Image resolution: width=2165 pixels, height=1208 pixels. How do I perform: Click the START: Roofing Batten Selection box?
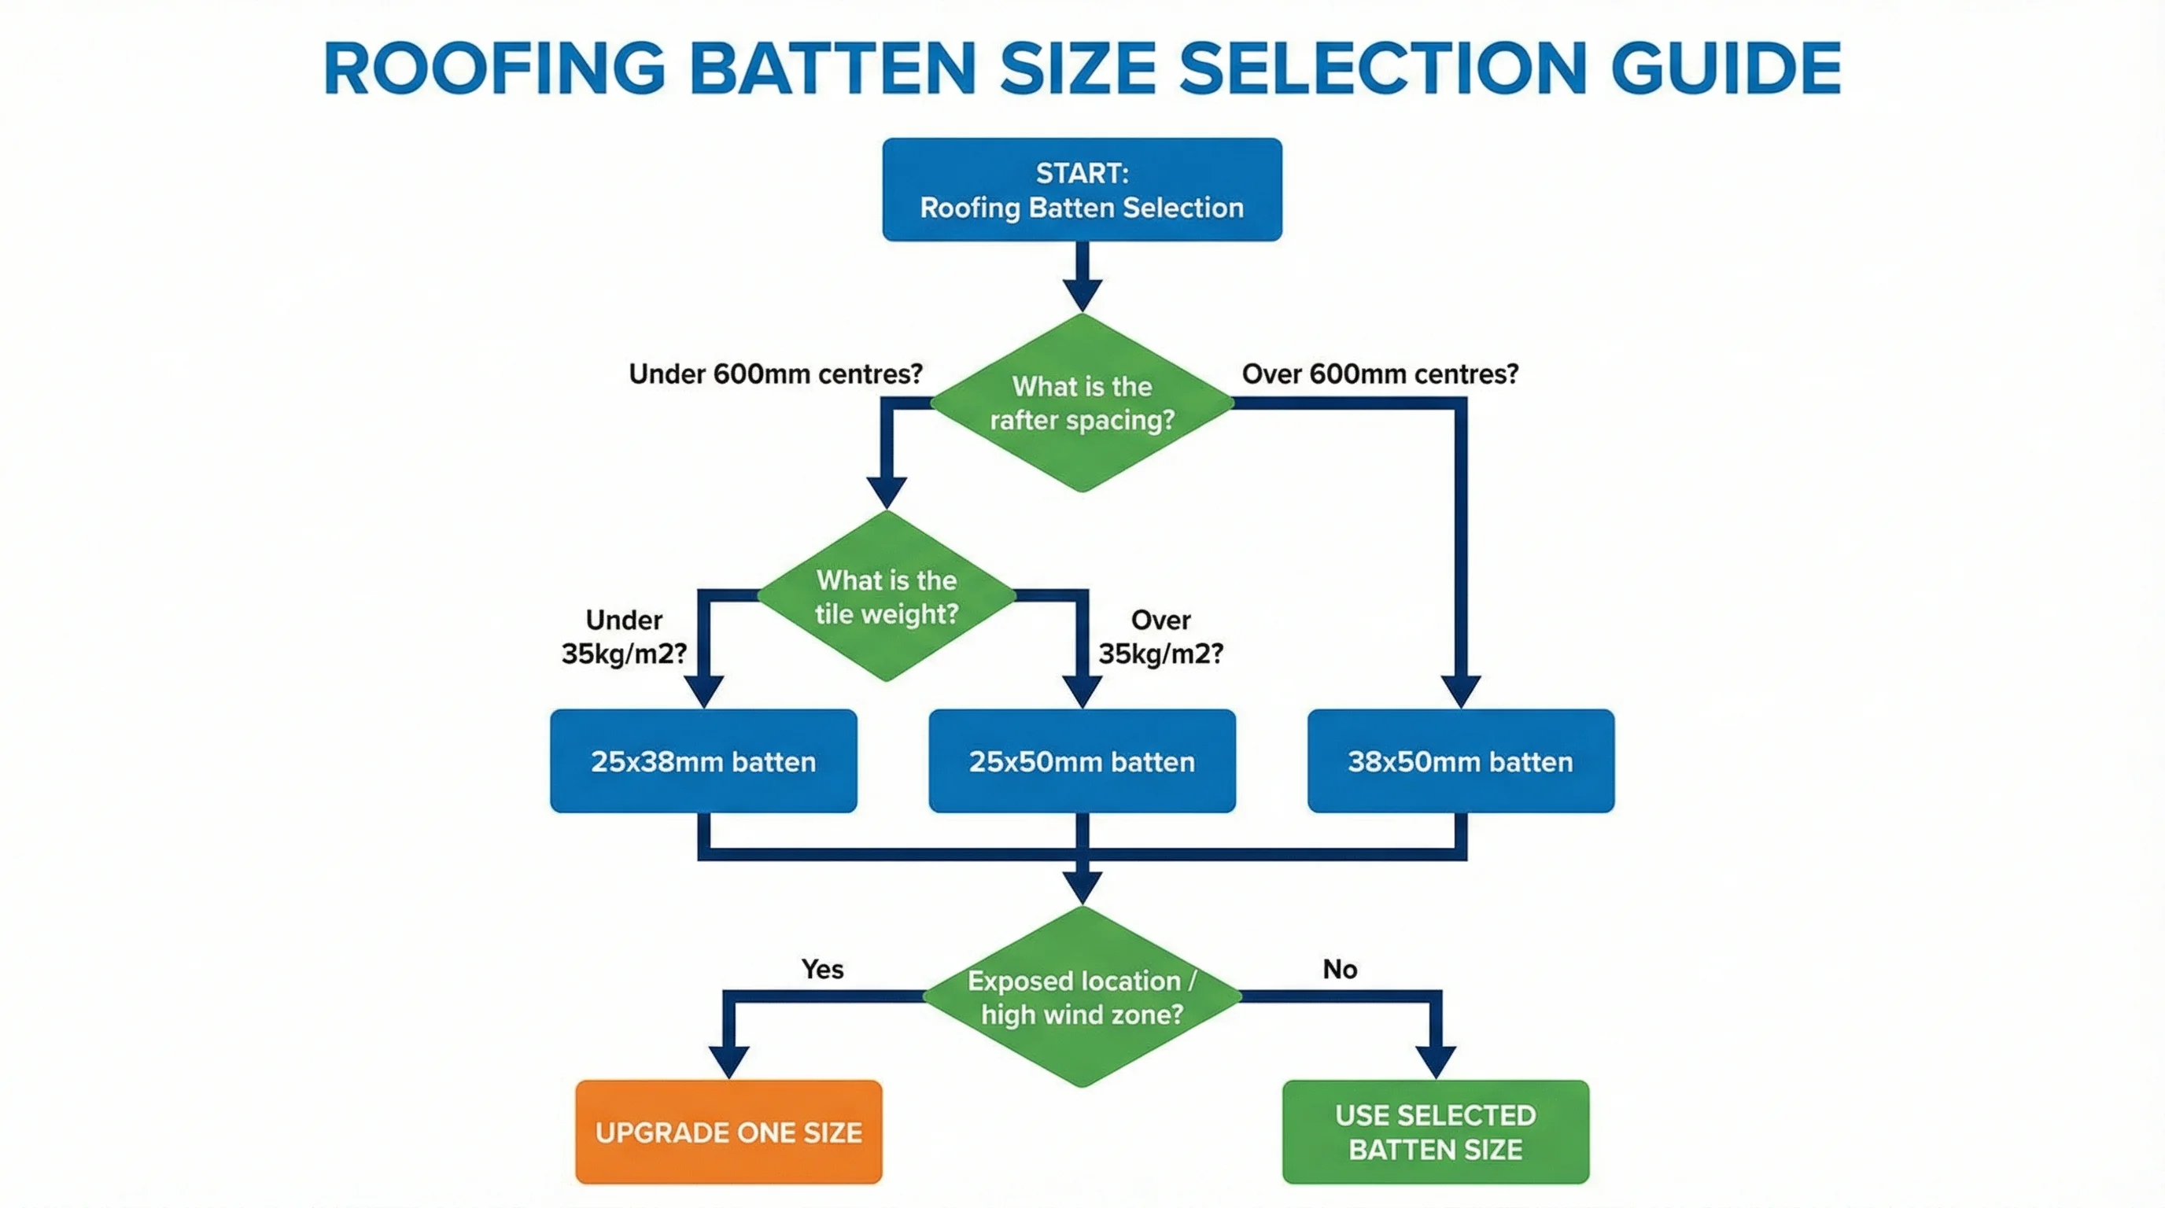click(1082, 190)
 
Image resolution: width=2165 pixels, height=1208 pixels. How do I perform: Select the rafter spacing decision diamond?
click(1082, 403)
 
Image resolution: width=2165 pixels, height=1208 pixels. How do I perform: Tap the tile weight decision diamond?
click(887, 596)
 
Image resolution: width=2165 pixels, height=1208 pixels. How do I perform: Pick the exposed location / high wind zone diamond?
click(1082, 997)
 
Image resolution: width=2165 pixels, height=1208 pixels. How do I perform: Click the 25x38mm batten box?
click(703, 761)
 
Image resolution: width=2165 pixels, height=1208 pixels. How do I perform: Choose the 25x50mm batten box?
click(1082, 761)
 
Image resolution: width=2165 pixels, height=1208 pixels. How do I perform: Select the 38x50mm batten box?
click(1461, 761)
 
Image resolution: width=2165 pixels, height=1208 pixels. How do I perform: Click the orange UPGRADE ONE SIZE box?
click(728, 1132)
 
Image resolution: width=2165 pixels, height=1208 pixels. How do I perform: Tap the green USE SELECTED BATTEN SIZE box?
click(1436, 1132)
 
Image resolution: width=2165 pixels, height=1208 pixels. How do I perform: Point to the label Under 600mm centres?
click(775, 374)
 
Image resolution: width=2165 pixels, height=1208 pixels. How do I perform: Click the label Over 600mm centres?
click(1380, 374)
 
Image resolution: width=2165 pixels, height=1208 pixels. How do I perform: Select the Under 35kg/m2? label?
click(624, 637)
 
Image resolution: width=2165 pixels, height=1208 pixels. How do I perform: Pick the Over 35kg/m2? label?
click(1160, 637)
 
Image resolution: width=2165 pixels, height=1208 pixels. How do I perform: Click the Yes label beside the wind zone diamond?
click(822, 970)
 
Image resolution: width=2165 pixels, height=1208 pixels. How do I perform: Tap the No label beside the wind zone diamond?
click(1340, 970)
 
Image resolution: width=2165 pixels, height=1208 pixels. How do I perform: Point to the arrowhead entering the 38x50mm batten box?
click(1461, 691)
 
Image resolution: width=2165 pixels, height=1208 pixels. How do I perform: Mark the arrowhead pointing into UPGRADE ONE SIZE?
click(728, 1061)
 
